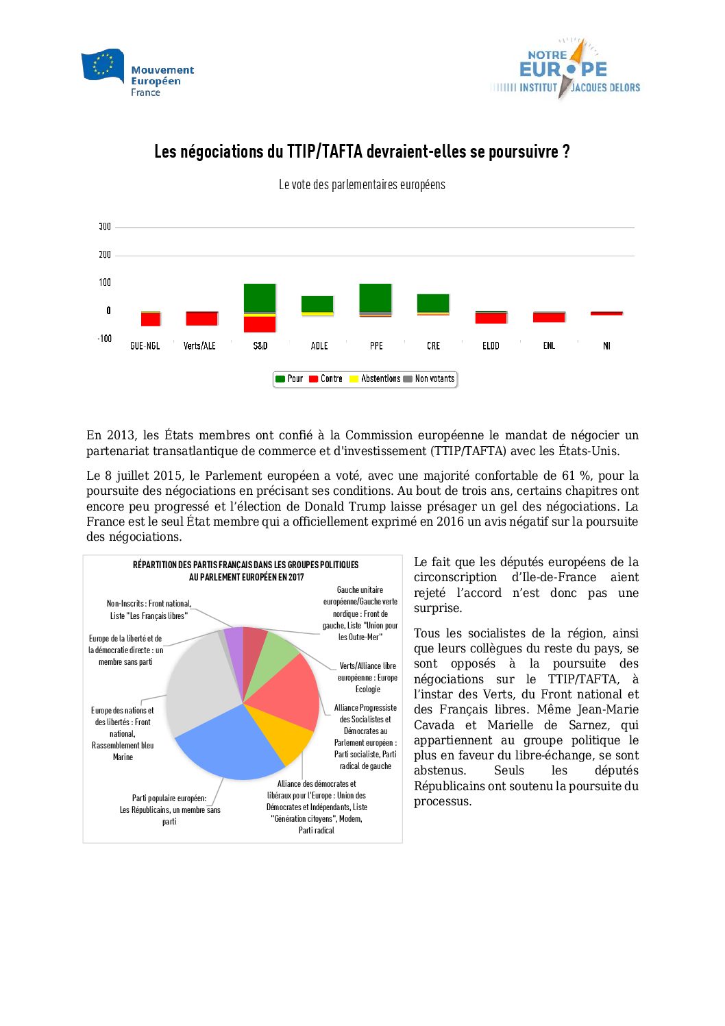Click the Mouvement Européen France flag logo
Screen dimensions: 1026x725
tap(103, 65)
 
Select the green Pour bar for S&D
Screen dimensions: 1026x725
tap(260, 297)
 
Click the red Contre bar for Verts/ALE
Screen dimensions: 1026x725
tap(201, 319)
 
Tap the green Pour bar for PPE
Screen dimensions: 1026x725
tap(376, 297)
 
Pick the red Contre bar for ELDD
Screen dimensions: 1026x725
tap(491, 318)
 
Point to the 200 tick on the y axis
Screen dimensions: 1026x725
tap(105, 255)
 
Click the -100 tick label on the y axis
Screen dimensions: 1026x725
tap(104, 339)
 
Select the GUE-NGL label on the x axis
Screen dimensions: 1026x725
tap(145, 346)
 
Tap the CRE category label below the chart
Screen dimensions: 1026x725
tap(433, 346)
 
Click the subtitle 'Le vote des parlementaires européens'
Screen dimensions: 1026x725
tap(362, 185)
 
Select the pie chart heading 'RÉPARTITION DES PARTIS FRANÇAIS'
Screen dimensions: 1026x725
tap(245, 565)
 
